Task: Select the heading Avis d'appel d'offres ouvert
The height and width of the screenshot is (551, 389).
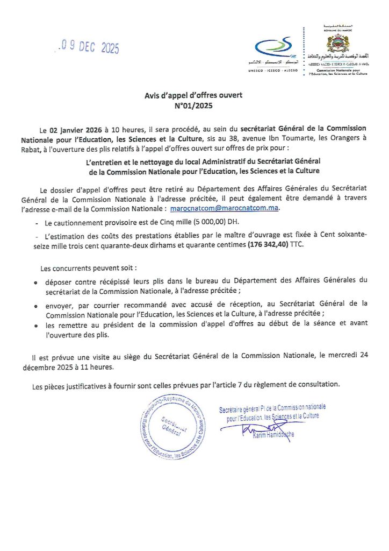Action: click(x=193, y=95)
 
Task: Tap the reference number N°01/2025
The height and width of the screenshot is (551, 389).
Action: click(x=193, y=105)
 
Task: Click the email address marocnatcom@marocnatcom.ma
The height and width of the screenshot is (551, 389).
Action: click(x=225, y=208)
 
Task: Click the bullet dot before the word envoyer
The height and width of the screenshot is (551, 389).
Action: click(x=35, y=305)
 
